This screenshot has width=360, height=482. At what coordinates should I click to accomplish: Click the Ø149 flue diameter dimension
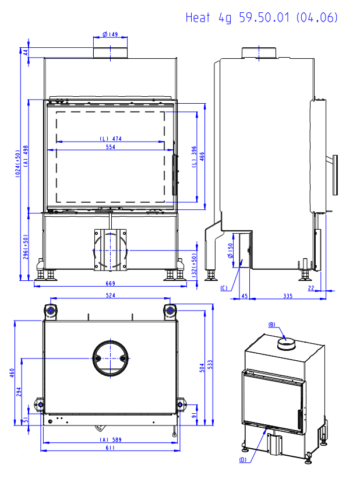111,35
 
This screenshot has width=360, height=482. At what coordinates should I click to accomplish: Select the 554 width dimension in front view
110,147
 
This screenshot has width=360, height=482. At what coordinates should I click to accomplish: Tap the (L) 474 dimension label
110,139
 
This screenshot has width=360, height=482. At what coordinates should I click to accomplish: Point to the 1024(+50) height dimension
18,163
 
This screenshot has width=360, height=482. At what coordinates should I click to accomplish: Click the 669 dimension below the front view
110,283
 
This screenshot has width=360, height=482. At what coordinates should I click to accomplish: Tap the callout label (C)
224,289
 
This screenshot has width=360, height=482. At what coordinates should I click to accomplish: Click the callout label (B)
271,324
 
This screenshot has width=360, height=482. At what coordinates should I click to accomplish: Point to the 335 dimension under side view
288,296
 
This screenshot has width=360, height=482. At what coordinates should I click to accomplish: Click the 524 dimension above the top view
110,295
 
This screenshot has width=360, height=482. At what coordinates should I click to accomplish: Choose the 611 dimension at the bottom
110,448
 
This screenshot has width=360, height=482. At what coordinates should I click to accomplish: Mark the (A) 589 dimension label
110,439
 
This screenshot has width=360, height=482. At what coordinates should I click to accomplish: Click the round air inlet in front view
110,250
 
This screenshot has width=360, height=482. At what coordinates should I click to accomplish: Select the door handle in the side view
336,174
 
